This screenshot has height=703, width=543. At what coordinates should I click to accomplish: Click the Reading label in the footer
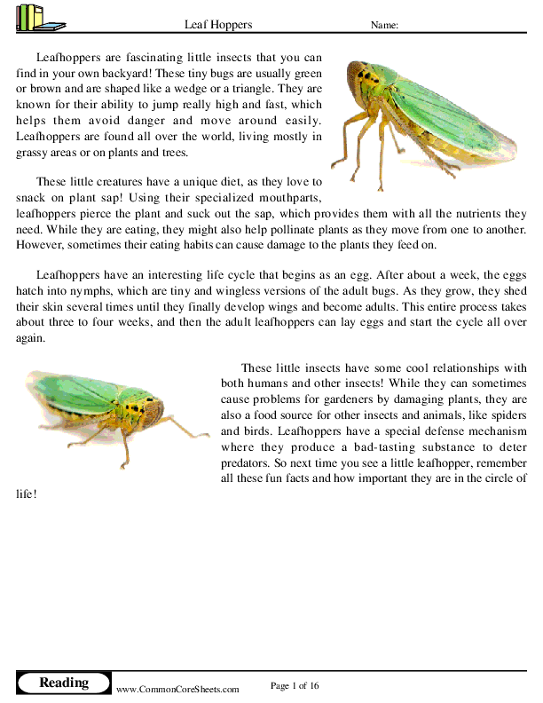(64, 683)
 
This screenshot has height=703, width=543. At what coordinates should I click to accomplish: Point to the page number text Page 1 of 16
(295, 685)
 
